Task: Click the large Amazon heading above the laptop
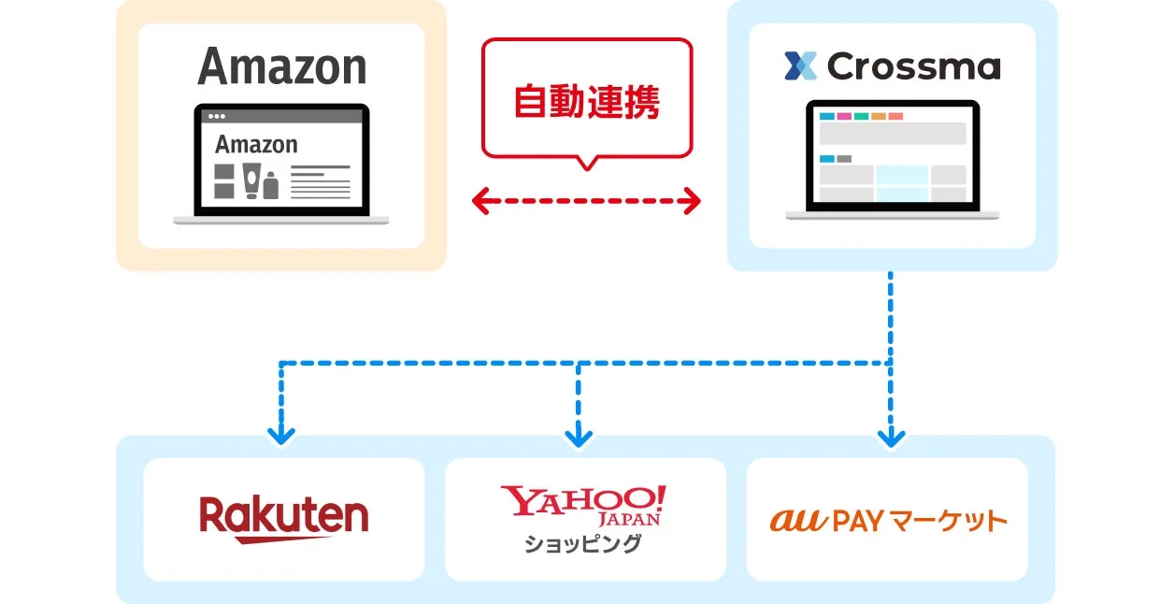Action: pyautogui.click(x=282, y=67)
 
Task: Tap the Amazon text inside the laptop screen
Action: pyautogui.click(x=256, y=145)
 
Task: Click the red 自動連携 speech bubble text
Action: pyautogui.click(x=587, y=102)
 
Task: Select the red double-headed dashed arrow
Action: pyautogui.click(x=586, y=200)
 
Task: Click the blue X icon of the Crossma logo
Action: pyautogui.click(x=800, y=66)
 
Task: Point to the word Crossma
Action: pyautogui.click(x=913, y=66)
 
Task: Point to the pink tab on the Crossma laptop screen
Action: pyautogui.click(x=844, y=116)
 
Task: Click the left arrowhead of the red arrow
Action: pyautogui.click(x=481, y=200)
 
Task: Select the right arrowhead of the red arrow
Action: pyautogui.click(x=692, y=200)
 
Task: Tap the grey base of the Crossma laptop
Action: pyautogui.click(x=892, y=216)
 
